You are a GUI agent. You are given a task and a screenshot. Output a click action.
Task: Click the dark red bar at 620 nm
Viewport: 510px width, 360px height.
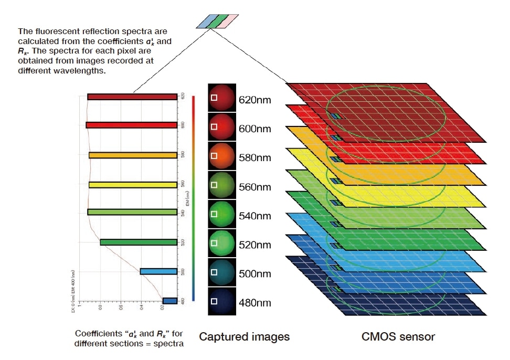132,97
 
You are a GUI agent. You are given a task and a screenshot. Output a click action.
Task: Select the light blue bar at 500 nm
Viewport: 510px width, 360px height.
158,271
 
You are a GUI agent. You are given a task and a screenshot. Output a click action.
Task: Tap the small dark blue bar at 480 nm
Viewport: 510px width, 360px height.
169,301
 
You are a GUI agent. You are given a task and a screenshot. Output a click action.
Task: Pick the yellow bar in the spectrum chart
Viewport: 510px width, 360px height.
133,185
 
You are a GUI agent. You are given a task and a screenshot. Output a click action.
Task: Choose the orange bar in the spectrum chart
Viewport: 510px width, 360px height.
133,155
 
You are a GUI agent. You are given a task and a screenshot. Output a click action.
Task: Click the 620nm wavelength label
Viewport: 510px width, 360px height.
255,99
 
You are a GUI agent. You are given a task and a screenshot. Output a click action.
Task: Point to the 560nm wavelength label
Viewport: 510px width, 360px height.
255,186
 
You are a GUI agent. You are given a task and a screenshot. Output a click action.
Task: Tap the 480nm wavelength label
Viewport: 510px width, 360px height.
255,303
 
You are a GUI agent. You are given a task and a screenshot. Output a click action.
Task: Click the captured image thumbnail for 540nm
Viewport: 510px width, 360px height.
221,214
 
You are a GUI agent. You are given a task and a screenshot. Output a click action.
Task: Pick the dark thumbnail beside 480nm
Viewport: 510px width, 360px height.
221,301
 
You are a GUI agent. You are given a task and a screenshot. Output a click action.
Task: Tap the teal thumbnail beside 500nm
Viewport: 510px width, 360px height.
221,272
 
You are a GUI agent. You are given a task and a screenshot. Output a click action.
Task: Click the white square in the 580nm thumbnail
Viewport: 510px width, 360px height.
214,155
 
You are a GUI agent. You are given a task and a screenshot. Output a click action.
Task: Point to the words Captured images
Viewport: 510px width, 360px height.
244,336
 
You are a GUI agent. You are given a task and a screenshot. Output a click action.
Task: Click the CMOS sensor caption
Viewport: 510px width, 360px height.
398,336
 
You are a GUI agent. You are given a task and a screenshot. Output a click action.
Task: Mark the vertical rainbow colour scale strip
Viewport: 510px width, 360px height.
194,198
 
